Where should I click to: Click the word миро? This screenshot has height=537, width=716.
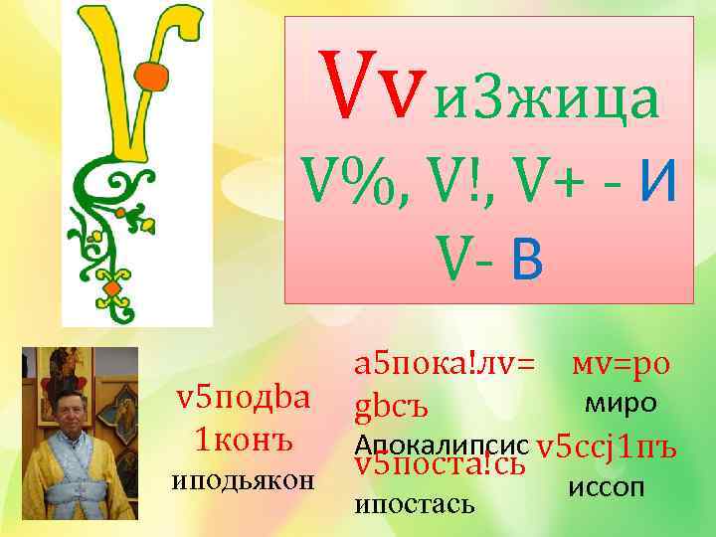tap(620, 403)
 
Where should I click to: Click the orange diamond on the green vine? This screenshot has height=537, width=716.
tap(111, 289)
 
